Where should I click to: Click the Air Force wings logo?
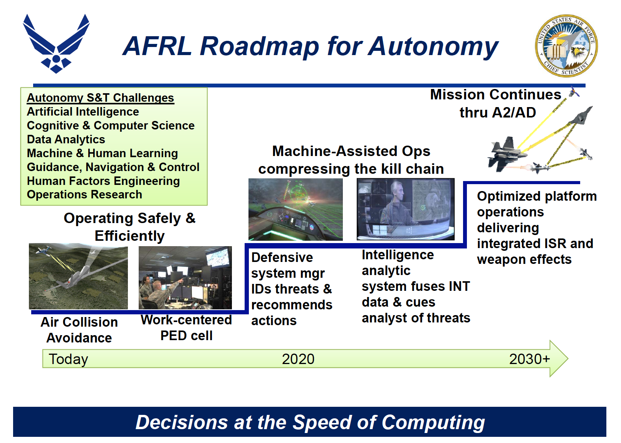(x=56, y=44)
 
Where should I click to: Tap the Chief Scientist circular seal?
(x=566, y=46)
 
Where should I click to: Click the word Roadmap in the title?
(x=259, y=47)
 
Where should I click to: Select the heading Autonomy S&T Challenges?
(x=101, y=98)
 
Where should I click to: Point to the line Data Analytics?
(x=66, y=139)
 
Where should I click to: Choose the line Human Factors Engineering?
(x=103, y=181)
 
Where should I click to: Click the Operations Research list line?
(x=84, y=195)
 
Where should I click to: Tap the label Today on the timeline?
(x=69, y=359)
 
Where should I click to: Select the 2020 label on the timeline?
(x=298, y=359)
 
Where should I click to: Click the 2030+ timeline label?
(x=530, y=359)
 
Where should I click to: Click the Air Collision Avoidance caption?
(x=79, y=330)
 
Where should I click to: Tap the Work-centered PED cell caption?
(x=186, y=328)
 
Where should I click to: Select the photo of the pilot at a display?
(x=406, y=209)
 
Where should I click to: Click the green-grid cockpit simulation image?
(x=295, y=209)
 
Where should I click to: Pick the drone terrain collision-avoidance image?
(x=79, y=276)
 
